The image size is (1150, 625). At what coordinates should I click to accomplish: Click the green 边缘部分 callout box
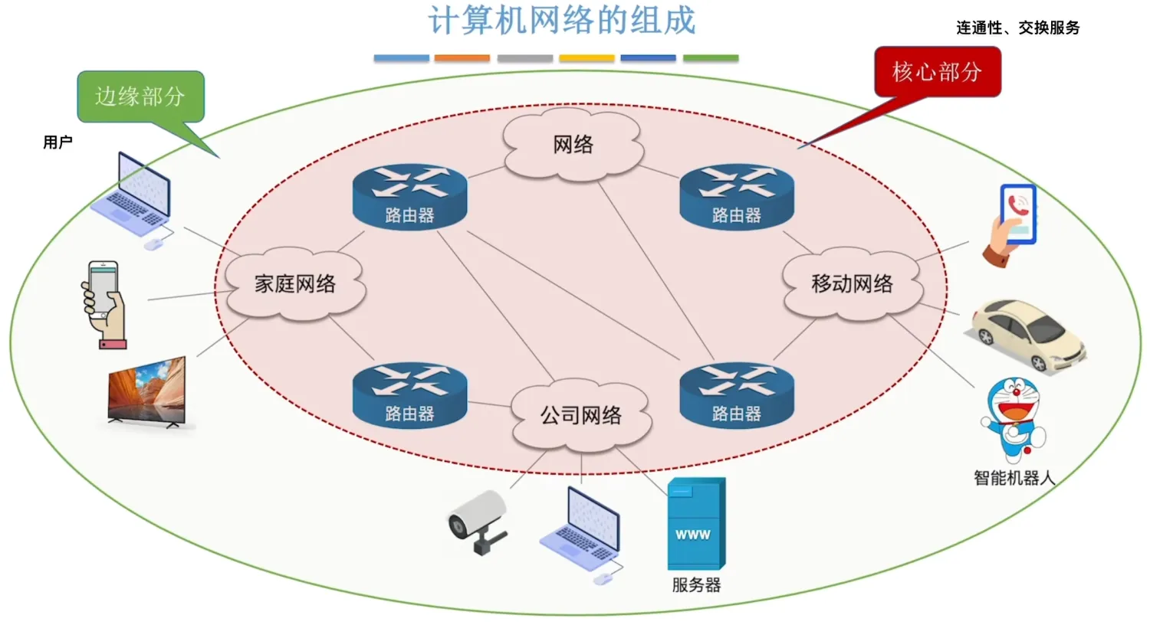pos(140,97)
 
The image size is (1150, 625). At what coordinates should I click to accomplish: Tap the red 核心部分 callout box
pos(938,72)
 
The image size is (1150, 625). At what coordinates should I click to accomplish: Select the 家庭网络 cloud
pos(295,283)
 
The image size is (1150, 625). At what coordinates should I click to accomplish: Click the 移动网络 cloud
pos(853,283)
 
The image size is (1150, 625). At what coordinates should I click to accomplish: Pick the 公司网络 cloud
pos(581,415)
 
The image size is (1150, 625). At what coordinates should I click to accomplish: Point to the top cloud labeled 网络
pos(573,144)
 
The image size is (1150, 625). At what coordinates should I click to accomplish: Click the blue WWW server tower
pos(695,524)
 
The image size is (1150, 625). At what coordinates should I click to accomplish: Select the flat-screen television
pos(147,392)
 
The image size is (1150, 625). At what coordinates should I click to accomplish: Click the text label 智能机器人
pos(1014,479)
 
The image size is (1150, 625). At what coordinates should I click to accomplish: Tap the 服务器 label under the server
pos(696,585)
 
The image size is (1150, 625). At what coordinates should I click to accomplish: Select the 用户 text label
pos(58,142)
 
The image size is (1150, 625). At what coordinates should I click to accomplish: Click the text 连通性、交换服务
pos(1018,28)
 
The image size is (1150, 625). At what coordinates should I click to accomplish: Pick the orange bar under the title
pos(462,58)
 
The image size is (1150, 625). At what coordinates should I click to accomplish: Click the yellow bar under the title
pos(586,58)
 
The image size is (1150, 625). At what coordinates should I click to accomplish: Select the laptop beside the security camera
pos(582,535)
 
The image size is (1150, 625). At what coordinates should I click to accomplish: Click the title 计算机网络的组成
pos(562,21)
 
